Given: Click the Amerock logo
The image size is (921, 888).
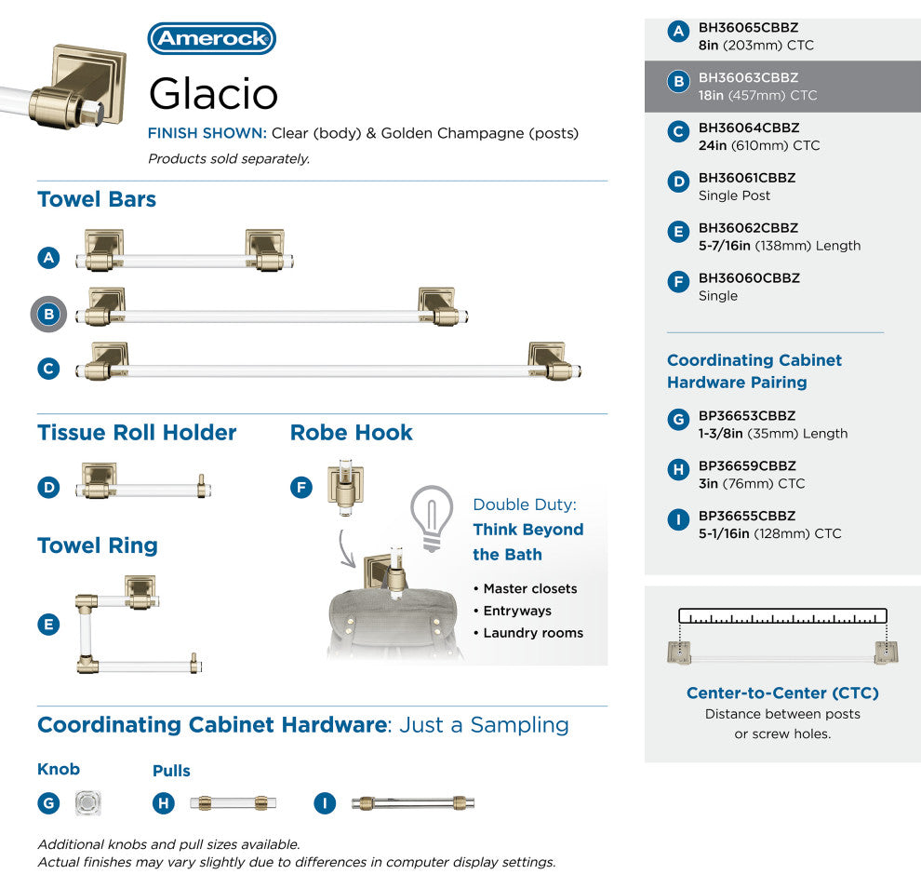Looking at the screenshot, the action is click(211, 38).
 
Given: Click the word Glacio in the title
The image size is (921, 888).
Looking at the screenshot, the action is click(213, 93).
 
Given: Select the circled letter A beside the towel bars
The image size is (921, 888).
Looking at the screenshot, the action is click(48, 258).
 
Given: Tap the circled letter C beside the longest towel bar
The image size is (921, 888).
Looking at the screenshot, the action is click(48, 369).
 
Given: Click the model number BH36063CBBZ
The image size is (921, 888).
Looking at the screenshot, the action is click(748, 77).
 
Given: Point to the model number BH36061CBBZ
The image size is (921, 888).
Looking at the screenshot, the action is click(746, 178).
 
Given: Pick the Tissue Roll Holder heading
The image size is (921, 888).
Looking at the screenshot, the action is click(137, 433).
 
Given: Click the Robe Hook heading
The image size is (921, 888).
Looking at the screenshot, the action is click(352, 433).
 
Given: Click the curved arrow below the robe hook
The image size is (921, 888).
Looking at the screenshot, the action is click(344, 549).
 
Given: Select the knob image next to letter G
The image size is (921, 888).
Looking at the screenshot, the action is click(88, 802).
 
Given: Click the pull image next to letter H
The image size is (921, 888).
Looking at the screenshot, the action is click(233, 802).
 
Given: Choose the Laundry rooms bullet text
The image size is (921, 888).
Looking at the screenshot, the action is click(533, 633).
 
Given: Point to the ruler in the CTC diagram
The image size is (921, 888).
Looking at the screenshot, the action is click(782, 616).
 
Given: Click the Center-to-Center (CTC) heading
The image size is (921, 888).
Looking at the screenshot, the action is click(782, 693).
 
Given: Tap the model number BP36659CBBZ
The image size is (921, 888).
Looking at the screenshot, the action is click(746, 466).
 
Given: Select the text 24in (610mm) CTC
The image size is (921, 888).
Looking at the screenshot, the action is click(759, 145).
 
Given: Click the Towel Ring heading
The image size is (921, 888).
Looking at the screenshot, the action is click(98, 545).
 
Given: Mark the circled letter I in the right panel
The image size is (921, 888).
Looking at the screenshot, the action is click(678, 519).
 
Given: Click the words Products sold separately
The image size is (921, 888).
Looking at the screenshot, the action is click(229, 158).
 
